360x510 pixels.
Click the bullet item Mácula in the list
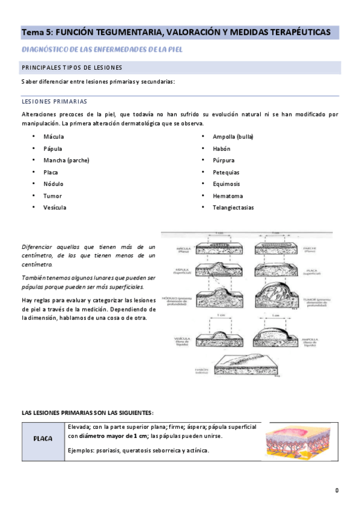pos(53,137)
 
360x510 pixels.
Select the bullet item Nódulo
pos(53,184)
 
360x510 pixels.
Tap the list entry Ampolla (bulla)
pos(233,137)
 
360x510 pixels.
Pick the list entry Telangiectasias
pos(233,207)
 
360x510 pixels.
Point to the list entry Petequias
pos(226,172)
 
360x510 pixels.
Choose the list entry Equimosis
pos(226,184)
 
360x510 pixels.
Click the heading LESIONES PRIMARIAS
pos(54,102)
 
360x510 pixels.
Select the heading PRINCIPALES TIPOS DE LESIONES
pos(72,67)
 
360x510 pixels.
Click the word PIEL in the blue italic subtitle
pos(174,49)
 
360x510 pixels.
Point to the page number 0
pos(337,491)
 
